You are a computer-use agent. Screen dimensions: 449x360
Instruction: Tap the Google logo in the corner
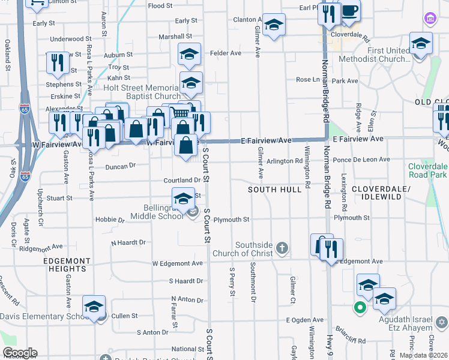(x=19, y=353)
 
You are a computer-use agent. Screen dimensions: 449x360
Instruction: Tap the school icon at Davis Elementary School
(x=94, y=307)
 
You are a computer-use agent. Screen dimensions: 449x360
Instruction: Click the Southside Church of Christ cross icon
(x=282, y=247)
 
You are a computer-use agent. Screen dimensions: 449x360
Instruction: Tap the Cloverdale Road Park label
(x=428, y=170)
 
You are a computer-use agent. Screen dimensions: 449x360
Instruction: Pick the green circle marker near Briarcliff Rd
(x=360, y=308)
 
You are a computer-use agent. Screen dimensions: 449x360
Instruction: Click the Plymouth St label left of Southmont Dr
(x=231, y=220)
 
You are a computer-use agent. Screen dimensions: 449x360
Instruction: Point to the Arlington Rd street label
(x=285, y=161)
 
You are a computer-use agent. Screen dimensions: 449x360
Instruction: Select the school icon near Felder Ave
(x=189, y=54)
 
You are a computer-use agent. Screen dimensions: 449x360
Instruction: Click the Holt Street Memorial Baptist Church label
(x=142, y=92)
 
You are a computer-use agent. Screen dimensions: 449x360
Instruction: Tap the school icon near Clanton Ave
(x=274, y=25)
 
